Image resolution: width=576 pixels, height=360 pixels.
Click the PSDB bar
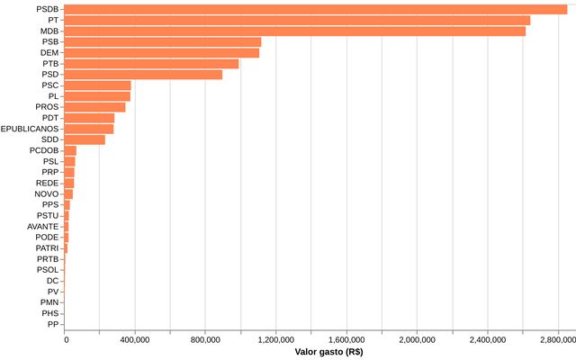pyautogui.click(x=316, y=9)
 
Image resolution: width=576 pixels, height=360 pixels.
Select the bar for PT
pyautogui.click(x=298, y=20)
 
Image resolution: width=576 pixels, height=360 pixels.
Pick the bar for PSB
pyautogui.click(x=163, y=41)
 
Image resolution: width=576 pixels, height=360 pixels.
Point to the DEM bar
pyautogui.click(x=162, y=52)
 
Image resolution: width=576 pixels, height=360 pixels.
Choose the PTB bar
pyautogui.click(x=152, y=63)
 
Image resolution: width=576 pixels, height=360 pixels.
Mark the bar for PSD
pyautogui.click(x=144, y=75)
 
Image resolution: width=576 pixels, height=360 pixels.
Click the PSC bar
pyautogui.click(x=98, y=85)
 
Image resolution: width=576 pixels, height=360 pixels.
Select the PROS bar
pyautogui.click(x=95, y=107)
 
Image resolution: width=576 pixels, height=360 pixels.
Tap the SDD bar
pyautogui.click(x=85, y=139)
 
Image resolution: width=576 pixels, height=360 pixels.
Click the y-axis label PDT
pyautogui.click(x=49, y=118)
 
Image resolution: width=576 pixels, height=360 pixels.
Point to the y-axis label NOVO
pyautogui.click(x=47, y=193)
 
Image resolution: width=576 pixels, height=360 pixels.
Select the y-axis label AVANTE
pyautogui.click(x=42, y=226)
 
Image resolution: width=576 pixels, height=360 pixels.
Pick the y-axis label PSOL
pyautogui.click(x=48, y=269)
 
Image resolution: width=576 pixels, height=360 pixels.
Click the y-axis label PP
pyautogui.click(x=53, y=324)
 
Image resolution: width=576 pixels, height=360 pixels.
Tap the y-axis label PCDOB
pyautogui.click(x=44, y=150)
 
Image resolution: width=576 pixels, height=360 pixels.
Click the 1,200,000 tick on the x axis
pyautogui.click(x=275, y=340)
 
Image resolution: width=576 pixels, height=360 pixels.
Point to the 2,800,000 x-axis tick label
pyautogui.click(x=558, y=340)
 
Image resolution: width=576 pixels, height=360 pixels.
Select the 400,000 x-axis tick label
pyautogui.click(x=135, y=340)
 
